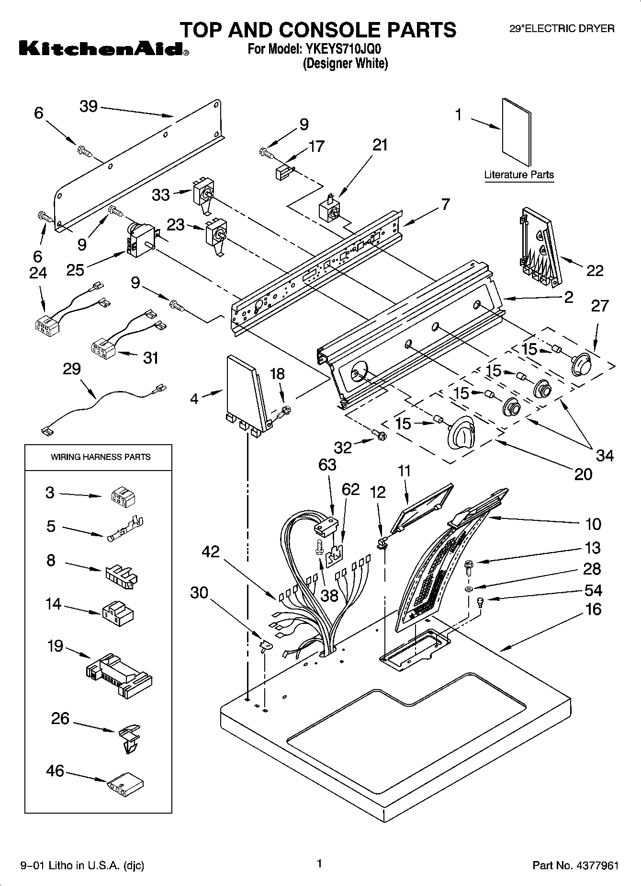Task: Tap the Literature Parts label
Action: (x=519, y=174)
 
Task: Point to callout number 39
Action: (x=89, y=106)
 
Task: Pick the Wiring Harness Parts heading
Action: (x=101, y=457)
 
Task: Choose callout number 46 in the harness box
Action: (x=55, y=770)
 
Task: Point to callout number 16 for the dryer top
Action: (x=593, y=609)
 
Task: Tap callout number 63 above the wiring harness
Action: (x=327, y=464)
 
